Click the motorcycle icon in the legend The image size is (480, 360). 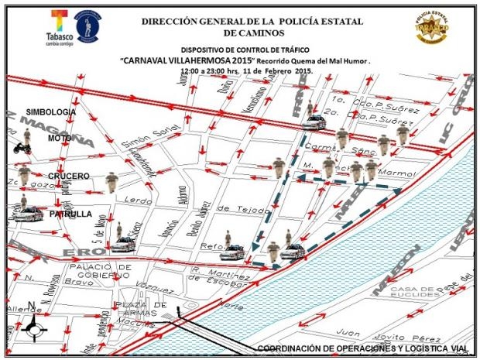pyautogui.click(x=22, y=145)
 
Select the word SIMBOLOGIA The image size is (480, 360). pyautogui.click(x=53, y=112)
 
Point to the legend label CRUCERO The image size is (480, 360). pyautogui.click(x=69, y=176)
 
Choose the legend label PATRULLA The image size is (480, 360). pyautogui.click(x=70, y=214)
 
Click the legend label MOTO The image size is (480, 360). pyautogui.click(x=60, y=138)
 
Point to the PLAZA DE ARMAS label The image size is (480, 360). pyautogui.click(x=141, y=312)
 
